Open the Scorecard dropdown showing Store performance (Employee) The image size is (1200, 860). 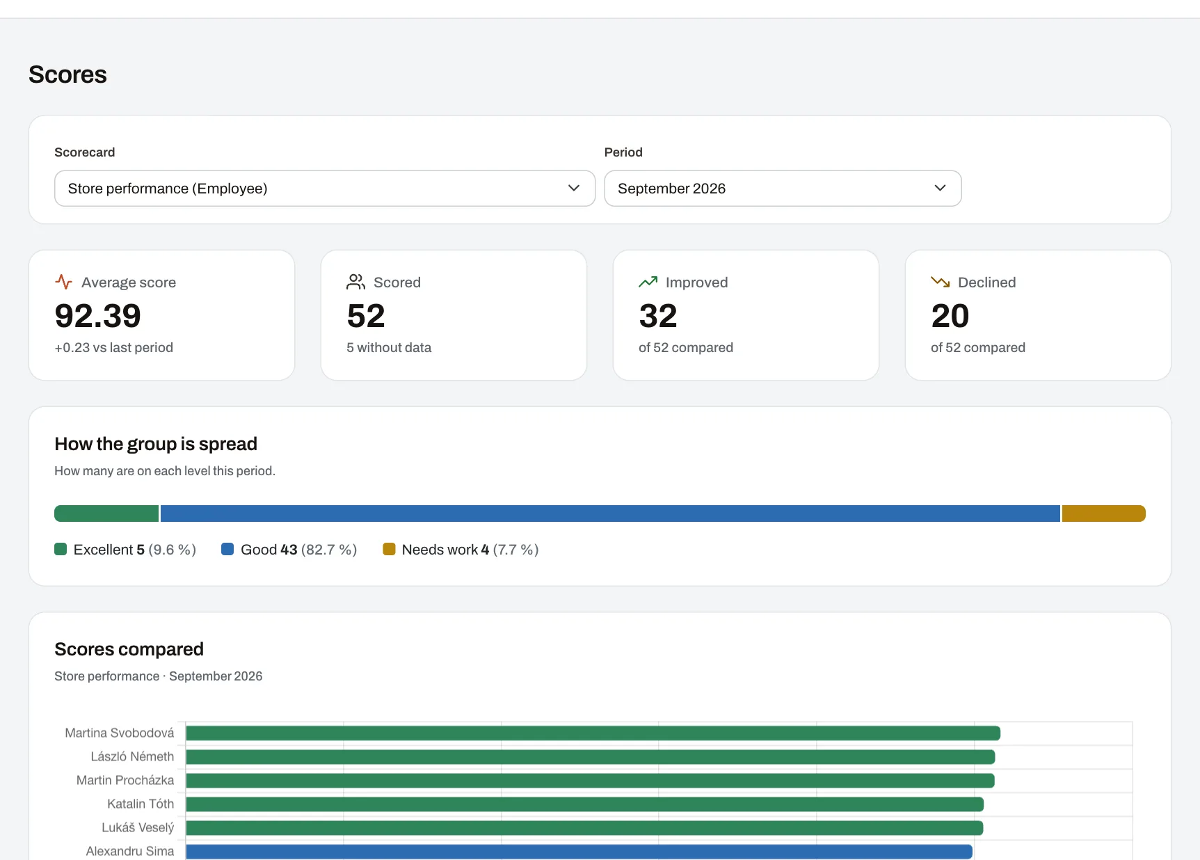point(325,189)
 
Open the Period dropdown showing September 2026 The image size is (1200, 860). point(783,189)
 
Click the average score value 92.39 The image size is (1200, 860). point(98,316)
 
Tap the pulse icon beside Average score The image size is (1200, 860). point(64,282)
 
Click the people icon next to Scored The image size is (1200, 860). point(356,282)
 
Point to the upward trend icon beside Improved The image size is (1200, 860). point(648,282)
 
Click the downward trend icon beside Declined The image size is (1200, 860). point(941,282)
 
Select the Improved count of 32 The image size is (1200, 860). point(658,316)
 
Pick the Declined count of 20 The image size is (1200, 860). point(950,316)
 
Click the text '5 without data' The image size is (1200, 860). point(389,347)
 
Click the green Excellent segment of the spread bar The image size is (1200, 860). point(106,513)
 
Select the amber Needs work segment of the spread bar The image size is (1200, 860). point(1104,513)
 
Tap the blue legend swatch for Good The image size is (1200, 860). point(227,549)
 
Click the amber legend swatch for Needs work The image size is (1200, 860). point(389,549)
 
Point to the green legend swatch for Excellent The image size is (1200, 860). point(61,549)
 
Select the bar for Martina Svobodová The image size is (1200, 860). point(593,733)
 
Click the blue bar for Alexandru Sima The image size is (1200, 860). point(579,852)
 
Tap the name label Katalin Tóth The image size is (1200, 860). point(141,804)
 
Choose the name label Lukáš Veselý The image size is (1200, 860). point(138,827)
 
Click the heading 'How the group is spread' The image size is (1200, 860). point(156,444)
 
